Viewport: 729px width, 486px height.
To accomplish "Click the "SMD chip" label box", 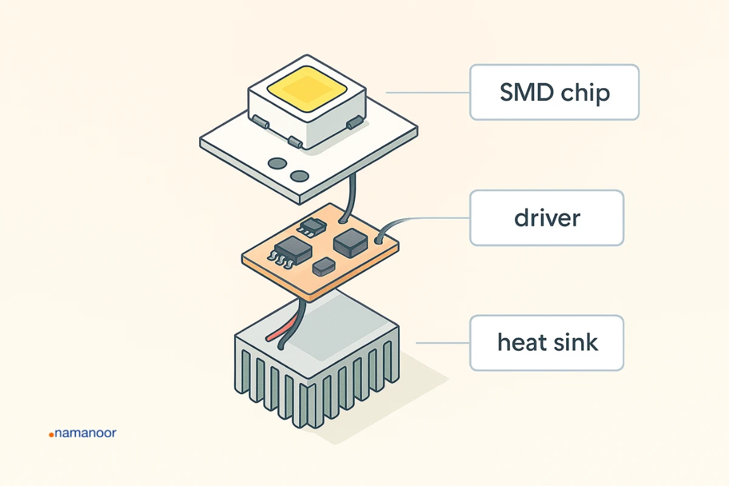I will (x=554, y=92).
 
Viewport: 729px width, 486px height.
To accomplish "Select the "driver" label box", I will (x=547, y=217).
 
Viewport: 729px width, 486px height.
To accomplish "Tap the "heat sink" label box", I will (x=547, y=343).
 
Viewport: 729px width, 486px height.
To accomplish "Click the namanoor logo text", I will (x=85, y=433).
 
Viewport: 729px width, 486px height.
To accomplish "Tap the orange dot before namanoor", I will (x=51, y=434).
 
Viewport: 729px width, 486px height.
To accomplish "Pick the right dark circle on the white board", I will (x=299, y=176).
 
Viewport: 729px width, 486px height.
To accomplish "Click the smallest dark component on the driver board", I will (x=323, y=265).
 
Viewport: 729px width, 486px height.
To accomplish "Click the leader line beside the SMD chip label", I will (x=428, y=93).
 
